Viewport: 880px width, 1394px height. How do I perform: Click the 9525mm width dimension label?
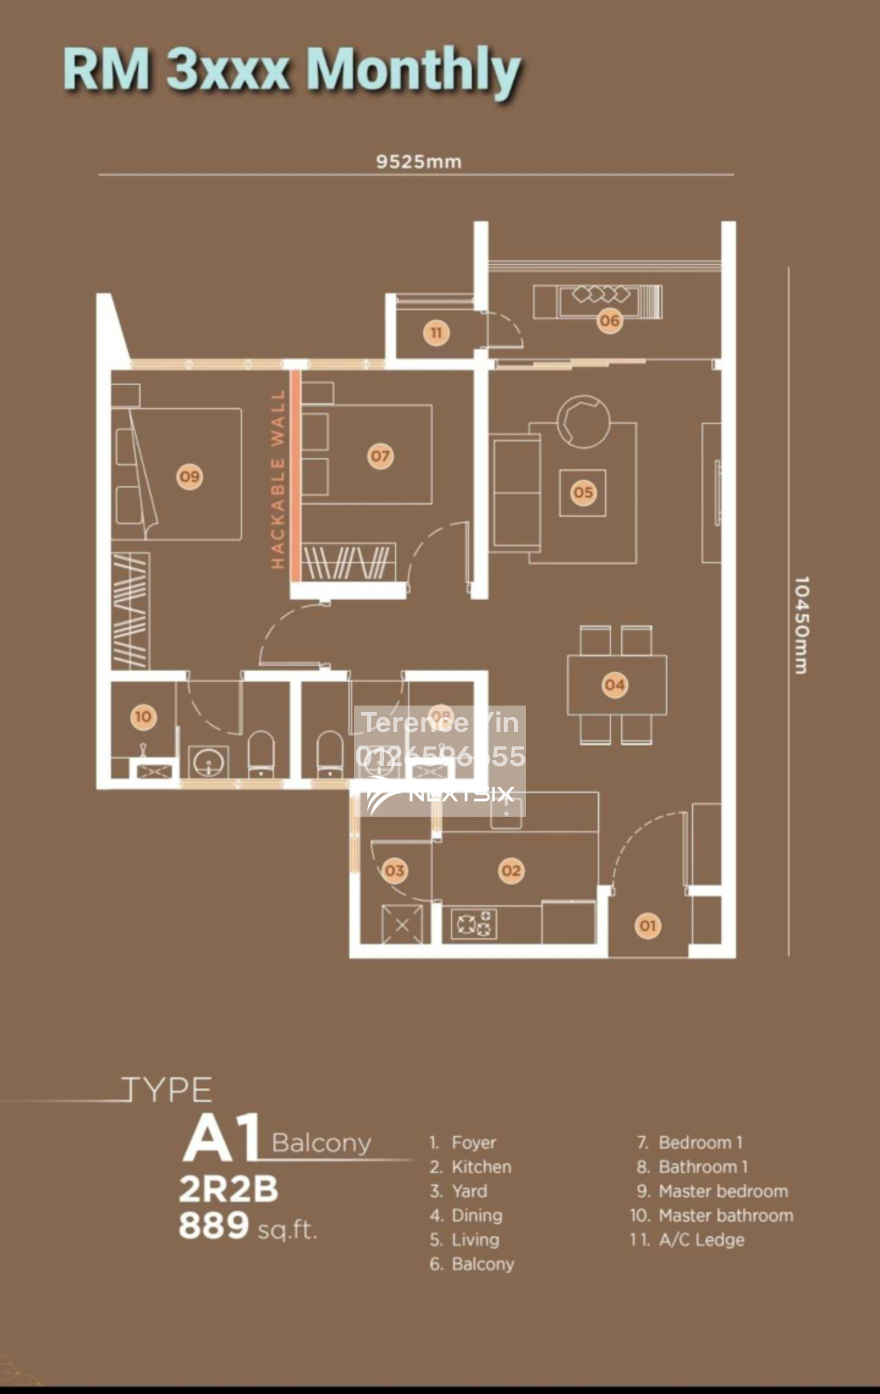[x=419, y=162]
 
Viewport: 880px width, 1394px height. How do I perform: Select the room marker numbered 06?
[x=609, y=320]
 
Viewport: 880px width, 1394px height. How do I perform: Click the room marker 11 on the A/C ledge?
[x=436, y=333]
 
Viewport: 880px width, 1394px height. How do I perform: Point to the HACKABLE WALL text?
[x=278, y=480]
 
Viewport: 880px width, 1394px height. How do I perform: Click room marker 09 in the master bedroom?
[x=189, y=476]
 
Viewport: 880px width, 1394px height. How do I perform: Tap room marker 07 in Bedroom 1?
[x=380, y=456]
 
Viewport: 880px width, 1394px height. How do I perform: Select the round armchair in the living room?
[x=583, y=421]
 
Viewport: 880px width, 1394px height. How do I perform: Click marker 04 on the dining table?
[x=615, y=685]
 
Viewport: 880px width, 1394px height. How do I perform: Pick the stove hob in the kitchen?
[x=474, y=924]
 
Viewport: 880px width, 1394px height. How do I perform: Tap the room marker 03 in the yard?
[x=394, y=870]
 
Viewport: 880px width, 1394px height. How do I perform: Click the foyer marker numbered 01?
[x=648, y=925]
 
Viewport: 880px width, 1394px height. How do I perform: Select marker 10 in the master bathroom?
[x=143, y=717]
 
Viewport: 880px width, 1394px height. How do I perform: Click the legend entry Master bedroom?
[x=723, y=1191]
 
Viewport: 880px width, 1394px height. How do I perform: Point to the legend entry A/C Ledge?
[x=701, y=1239]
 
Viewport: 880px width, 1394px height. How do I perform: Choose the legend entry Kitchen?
[x=481, y=1166]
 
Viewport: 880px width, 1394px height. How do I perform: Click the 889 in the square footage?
[x=214, y=1225]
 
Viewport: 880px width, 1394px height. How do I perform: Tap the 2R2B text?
[x=228, y=1189]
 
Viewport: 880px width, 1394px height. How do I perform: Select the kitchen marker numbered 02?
[x=511, y=870]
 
